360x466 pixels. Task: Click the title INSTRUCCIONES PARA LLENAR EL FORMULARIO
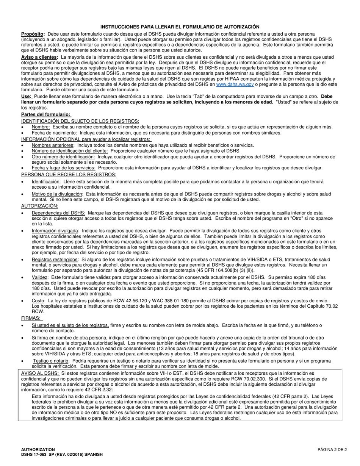pos(180,27)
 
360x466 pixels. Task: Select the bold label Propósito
pos(33,34)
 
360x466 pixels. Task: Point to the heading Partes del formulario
pos(45,114)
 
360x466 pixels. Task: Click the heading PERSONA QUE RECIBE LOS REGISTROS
pos(69,174)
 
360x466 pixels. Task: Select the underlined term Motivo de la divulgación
pos(57,194)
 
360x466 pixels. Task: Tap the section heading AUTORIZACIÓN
pos(40,206)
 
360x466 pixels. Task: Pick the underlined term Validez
pos(40,277)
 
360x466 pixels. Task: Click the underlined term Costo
pos(38,300)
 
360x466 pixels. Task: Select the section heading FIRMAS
pos(31,318)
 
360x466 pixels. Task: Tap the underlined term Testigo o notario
pos(51,361)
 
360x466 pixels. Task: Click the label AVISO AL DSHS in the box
pos(40,373)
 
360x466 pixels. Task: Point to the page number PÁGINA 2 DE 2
pos(332,450)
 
